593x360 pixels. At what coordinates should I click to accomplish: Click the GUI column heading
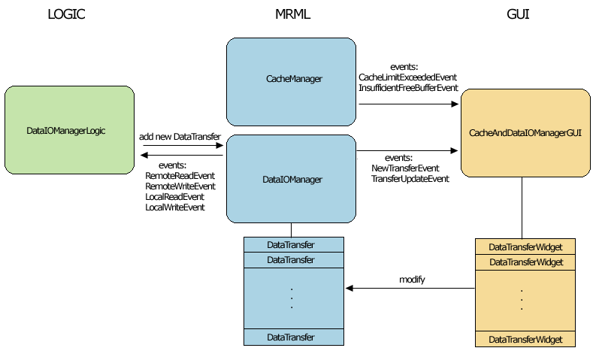[x=519, y=15]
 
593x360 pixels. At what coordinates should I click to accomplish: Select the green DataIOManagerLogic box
[x=69, y=131]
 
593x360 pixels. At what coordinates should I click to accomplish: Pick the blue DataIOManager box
[x=292, y=179]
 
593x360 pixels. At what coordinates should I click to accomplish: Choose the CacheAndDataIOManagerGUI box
[x=525, y=132]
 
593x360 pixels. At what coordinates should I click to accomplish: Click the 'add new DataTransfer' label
[x=180, y=136]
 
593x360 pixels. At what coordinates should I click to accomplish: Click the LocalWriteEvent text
[x=175, y=207]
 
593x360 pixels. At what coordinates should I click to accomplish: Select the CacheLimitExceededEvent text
[x=407, y=77]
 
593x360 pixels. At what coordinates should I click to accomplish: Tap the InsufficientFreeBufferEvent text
[x=408, y=88]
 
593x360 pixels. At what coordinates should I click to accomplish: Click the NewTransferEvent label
[x=405, y=168]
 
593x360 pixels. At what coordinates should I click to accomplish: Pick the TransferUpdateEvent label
[x=410, y=179]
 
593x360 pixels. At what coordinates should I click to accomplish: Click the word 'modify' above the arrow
[x=412, y=280]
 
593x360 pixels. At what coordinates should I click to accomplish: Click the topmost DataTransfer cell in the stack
[x=290, y=244]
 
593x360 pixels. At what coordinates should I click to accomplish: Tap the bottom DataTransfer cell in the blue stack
[x=290, y=337]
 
